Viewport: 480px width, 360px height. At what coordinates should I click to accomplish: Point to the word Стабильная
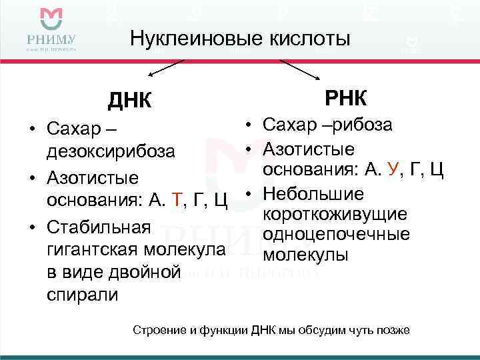pyautogui.click(x=99, y=228)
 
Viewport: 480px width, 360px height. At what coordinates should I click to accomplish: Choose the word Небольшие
pyautogui.click(x=313, y=194)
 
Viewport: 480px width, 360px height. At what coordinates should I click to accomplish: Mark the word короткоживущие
pyautogui.click(x=335, y=215)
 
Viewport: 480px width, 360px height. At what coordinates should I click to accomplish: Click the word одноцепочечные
pyautogui.click(x=337, y=235)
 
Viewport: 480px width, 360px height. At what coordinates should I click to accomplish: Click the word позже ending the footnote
pyautogui.click(x=393, y=331)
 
